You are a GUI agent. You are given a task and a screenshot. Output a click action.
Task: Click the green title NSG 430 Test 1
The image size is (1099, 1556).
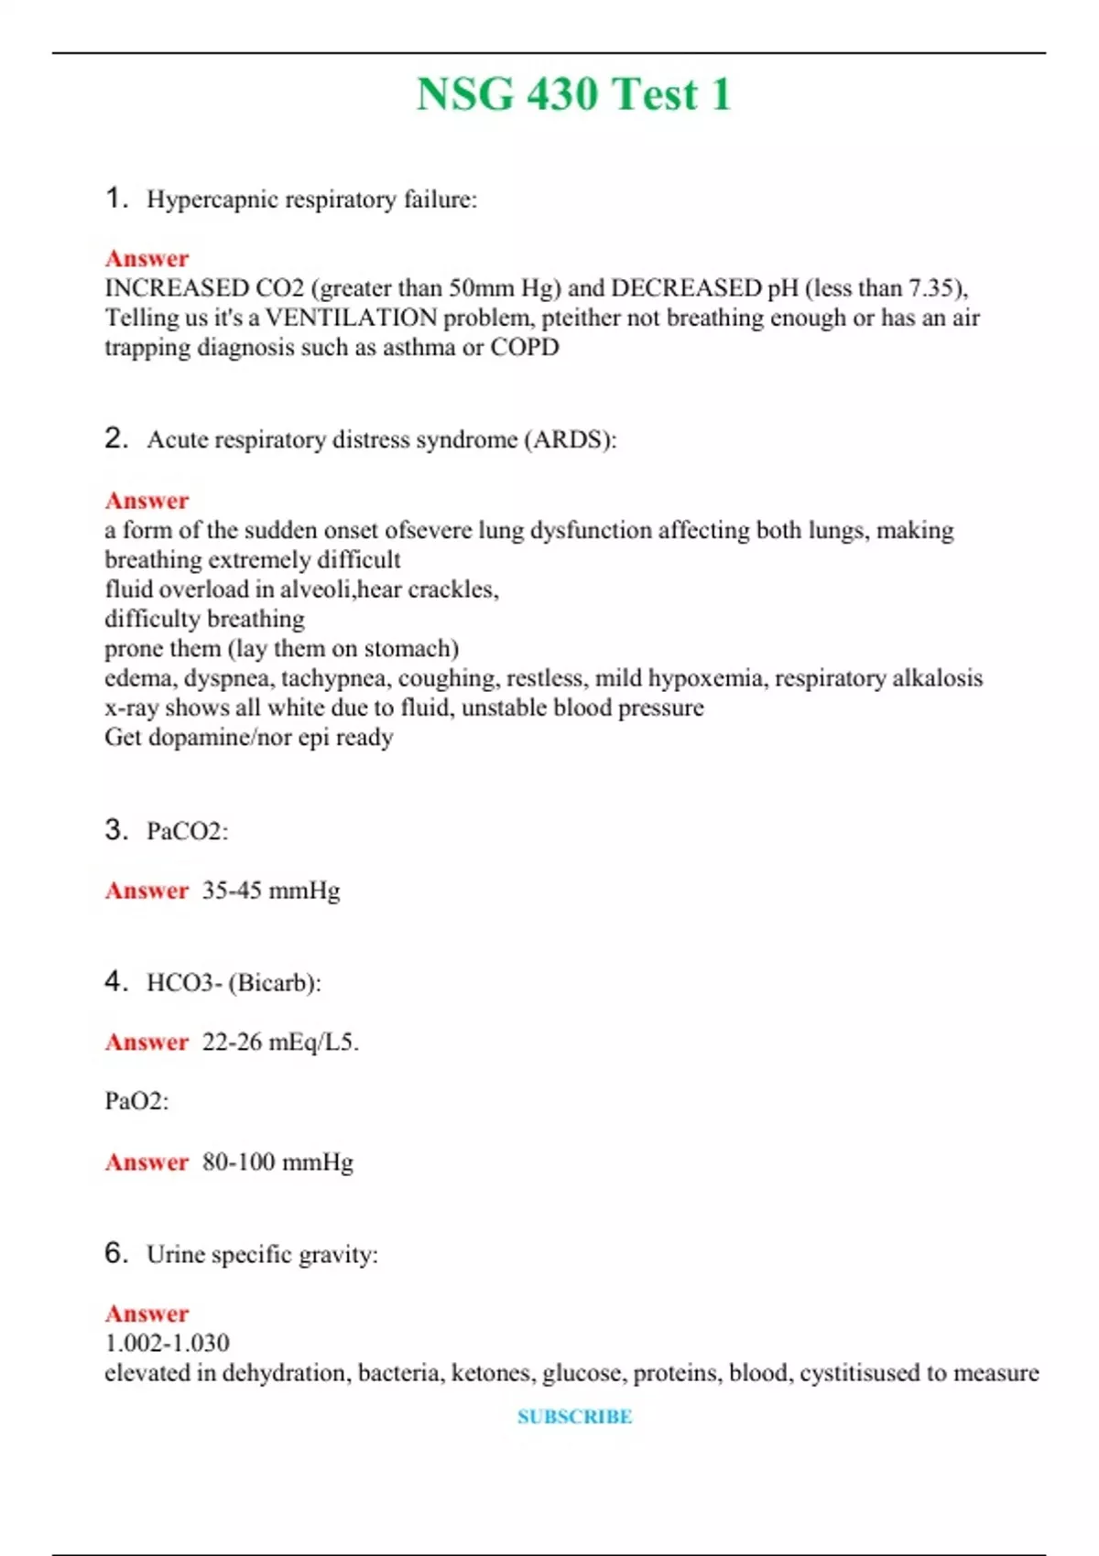[574, 94]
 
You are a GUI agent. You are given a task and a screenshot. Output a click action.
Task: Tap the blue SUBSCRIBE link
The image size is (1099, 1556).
[574, 1417]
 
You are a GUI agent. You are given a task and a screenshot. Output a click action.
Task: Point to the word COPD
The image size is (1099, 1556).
[525, 347]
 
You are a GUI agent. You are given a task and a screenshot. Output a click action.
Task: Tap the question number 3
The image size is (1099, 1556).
[115, 829]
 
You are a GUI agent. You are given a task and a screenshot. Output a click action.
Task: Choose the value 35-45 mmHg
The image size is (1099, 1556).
[271, 890]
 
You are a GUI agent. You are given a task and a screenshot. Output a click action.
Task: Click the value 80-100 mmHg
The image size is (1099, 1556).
[277, 1162]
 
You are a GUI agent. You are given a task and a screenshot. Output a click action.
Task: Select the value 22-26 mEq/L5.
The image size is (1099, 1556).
[280, 1042]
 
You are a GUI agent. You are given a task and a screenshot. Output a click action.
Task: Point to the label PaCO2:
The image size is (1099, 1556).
[187, 831]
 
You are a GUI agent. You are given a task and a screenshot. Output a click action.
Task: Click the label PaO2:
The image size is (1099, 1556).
[136, 1100]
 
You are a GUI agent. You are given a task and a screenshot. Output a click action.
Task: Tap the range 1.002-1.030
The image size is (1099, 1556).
[167, 1343]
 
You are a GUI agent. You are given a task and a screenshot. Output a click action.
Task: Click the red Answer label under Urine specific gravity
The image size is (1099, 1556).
[147, 1313]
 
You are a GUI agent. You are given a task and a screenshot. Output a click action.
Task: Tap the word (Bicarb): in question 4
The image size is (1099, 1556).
[275, 983]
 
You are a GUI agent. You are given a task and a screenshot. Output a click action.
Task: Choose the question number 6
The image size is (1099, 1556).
[115, 1252]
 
